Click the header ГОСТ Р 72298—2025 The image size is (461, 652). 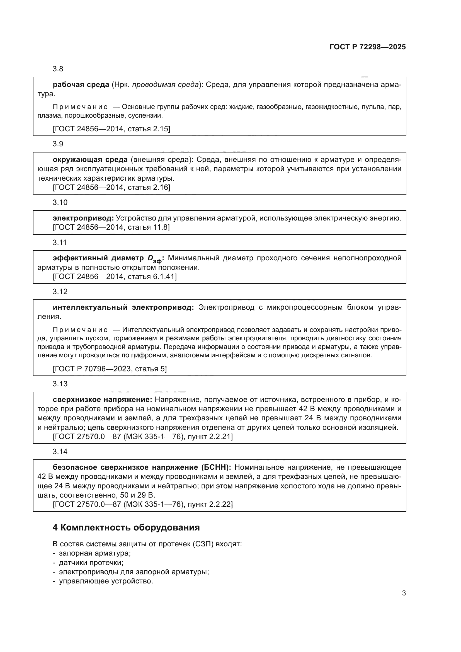pos(368,47)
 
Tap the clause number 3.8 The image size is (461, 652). pos(58,69)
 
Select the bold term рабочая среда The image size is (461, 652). pos(81,85)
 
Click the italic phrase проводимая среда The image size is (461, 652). pos(166,85)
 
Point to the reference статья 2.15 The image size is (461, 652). pos(149,129)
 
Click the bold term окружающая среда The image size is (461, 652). pos(90,160)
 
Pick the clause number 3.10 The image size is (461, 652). pos(60,202)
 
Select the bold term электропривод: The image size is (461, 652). pos(83,218)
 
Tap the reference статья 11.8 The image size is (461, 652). pos(149,227)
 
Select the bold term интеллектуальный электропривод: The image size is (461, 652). pos(123,307)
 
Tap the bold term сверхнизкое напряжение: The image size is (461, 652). pos(103,400)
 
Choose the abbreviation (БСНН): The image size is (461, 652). pos(216,467)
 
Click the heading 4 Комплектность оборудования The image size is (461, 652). pos(126,528)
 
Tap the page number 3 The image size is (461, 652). pos(404,593)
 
